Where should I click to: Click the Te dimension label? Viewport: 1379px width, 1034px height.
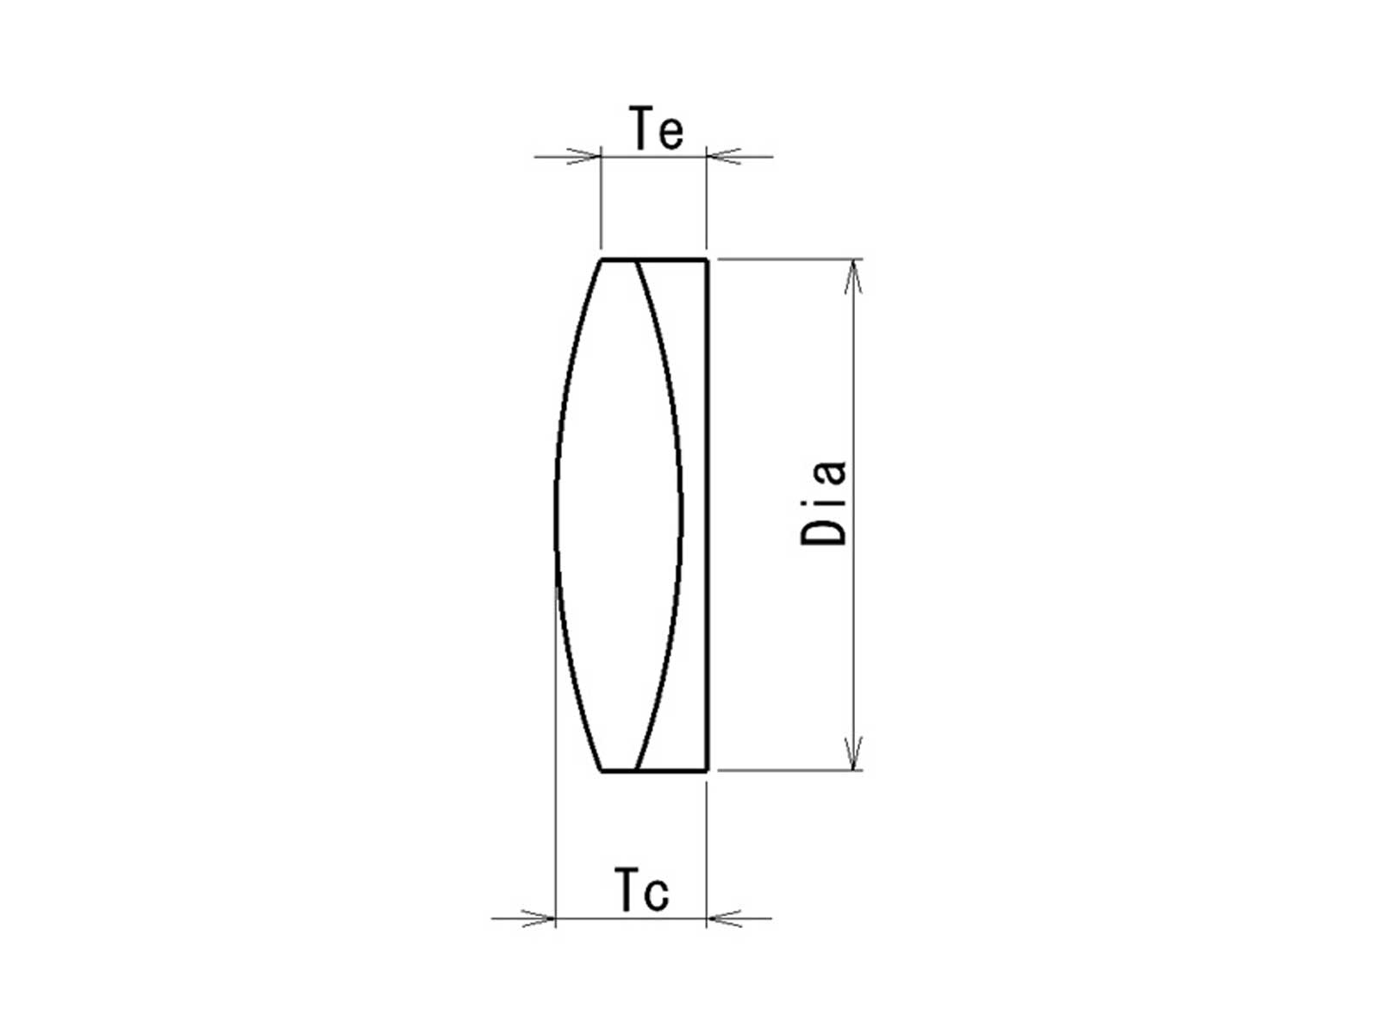657,128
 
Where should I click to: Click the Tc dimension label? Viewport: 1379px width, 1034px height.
642,889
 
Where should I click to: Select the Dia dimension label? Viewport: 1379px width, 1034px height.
824,504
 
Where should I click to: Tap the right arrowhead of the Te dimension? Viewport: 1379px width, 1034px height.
724,156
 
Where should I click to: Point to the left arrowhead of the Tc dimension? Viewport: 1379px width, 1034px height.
539,919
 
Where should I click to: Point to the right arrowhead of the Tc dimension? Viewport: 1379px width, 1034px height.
724,919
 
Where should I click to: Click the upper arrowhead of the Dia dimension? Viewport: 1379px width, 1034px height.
853,277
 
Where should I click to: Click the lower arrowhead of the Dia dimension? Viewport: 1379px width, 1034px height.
853,753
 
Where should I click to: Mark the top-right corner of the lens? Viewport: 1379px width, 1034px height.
708,258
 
